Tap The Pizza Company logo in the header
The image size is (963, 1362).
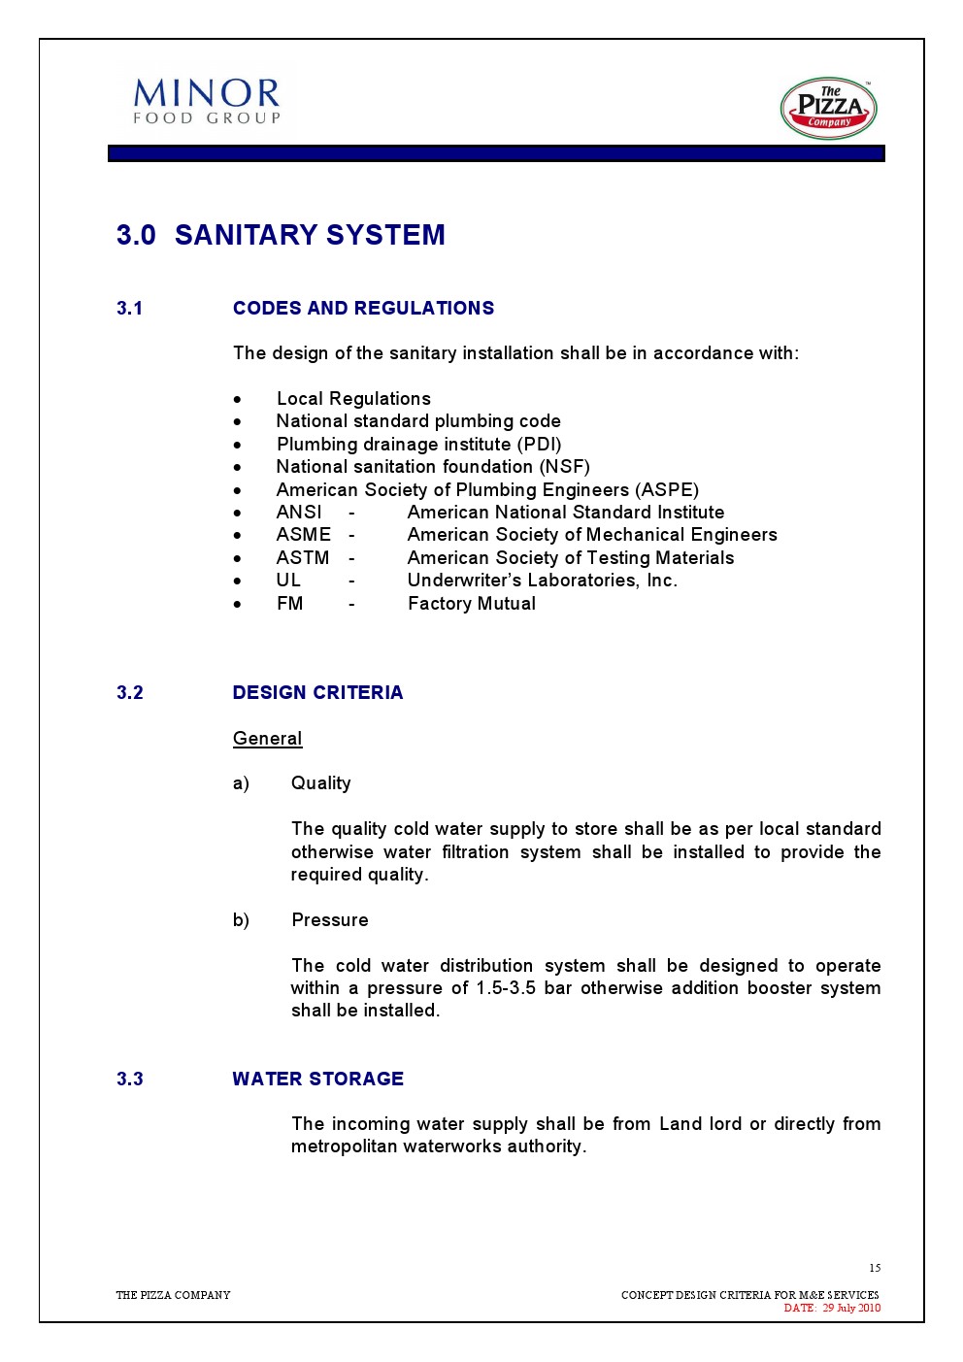pyautogui.click(x=828, y=108)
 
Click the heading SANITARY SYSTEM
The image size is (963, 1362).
pyautogui.click(x=310, y=235)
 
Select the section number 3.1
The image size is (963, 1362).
pyautogui.click(x=130, y=309)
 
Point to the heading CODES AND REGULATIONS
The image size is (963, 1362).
pyautogui.click(x=363, y=309)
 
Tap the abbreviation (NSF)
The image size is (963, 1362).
pyautogui.click(x=565, y=467)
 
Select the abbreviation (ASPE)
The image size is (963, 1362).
pyautogui.click(x=667, y=490)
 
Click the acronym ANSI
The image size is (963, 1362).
pyautogui.click(x=299, y=513)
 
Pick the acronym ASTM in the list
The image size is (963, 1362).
pyautogui.click(x=303, y=558)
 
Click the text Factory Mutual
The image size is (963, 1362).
pyautogui.click(x=472, y=604)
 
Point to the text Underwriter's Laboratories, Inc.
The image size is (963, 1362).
pyautogui.click(x=542, y=581)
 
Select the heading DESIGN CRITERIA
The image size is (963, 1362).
pyautogui.click(x=317, y=693)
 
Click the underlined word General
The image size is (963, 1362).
pyautogui.click(x=267, y=739)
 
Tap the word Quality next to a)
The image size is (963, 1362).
pyautogui.click(x=320, y=783)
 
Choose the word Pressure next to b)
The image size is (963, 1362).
pyautogui.click(x=330, y=920)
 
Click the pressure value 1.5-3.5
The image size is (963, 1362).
pyautogui.click(x=505, y=988)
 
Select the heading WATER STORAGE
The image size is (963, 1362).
pyautogui.click(x=317, y=1080)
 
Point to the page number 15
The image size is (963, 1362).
pyautogui.click(x=875, y=1268)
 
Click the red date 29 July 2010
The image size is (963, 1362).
pyautogui.click(x=851, y=1308)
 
